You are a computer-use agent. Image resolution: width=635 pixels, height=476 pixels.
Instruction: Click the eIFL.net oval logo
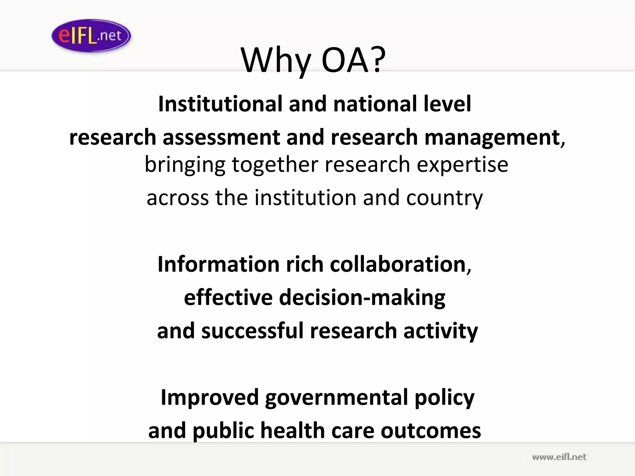coord(91,36)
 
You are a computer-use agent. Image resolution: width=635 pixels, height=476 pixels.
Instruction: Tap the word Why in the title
coord(276,60)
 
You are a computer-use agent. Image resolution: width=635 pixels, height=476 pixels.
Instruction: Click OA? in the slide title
coord(353,60)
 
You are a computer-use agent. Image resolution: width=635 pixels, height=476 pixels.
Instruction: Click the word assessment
coord(221,137)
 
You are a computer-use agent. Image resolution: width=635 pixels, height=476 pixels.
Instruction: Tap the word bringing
coord(185,165)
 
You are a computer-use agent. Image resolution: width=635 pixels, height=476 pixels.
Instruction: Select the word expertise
coord(462,165)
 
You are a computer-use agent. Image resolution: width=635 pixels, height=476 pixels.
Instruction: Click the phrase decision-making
coord(362,297)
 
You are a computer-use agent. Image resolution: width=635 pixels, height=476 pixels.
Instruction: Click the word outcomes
coord(431,431)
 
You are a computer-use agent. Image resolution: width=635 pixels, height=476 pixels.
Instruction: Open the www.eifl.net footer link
coord(559,457)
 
